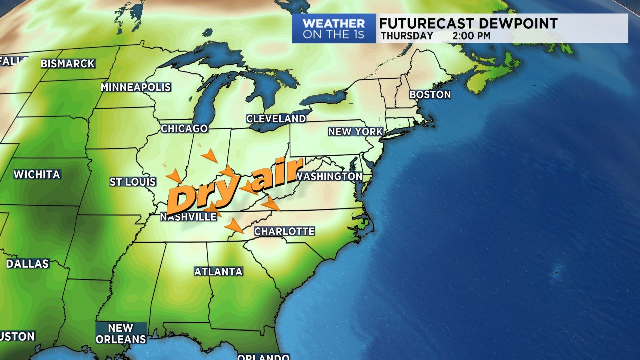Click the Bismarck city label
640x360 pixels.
(68, 64)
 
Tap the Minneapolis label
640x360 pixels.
(136, 87)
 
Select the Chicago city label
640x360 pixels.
(184, 129)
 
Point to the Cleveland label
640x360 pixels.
(276, 119)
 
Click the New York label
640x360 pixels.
(355, 132)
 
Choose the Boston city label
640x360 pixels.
(430, 94)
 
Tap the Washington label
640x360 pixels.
(329, 177)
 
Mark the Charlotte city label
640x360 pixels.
(284, 231)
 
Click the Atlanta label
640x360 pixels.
(218, 272)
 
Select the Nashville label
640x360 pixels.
(188, 217)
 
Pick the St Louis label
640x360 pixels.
(133, 182)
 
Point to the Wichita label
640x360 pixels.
(37, 175)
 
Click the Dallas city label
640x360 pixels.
(28, 264)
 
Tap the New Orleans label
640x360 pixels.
(121, 333)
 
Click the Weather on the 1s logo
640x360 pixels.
(334, 29)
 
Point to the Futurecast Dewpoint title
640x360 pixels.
(468, 23)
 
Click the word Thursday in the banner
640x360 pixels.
(407, 36)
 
